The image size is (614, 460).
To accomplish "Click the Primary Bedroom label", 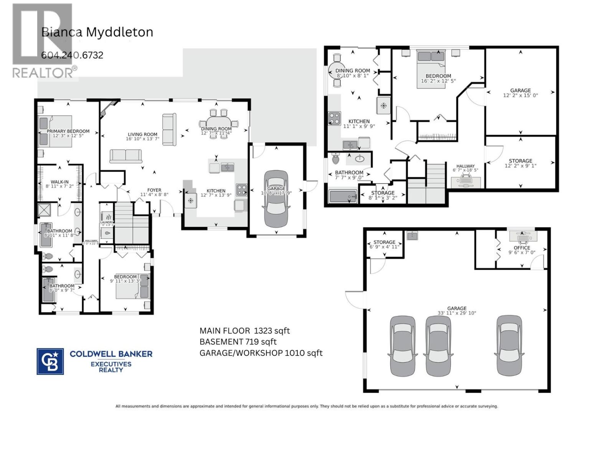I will [68, 131].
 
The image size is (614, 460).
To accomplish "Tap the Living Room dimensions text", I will [142, 139].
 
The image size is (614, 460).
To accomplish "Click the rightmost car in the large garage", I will [509, 346].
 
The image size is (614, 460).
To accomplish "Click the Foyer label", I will [154, 190].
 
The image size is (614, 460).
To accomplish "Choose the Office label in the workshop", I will [522, 248].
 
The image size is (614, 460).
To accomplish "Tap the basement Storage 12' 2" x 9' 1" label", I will [520, 161].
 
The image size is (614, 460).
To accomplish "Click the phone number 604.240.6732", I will [72, 55].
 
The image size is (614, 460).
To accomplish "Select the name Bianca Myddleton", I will [97, 32].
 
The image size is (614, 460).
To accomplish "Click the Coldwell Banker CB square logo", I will [50, 361].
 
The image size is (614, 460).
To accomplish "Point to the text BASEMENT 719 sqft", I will [238, 342].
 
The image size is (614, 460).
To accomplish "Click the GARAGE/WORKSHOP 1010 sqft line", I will [261, 353].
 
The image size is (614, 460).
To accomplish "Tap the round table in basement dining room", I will [337, 71].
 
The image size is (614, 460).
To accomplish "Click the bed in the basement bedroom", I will [431, 69].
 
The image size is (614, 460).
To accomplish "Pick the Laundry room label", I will [107, 222].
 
